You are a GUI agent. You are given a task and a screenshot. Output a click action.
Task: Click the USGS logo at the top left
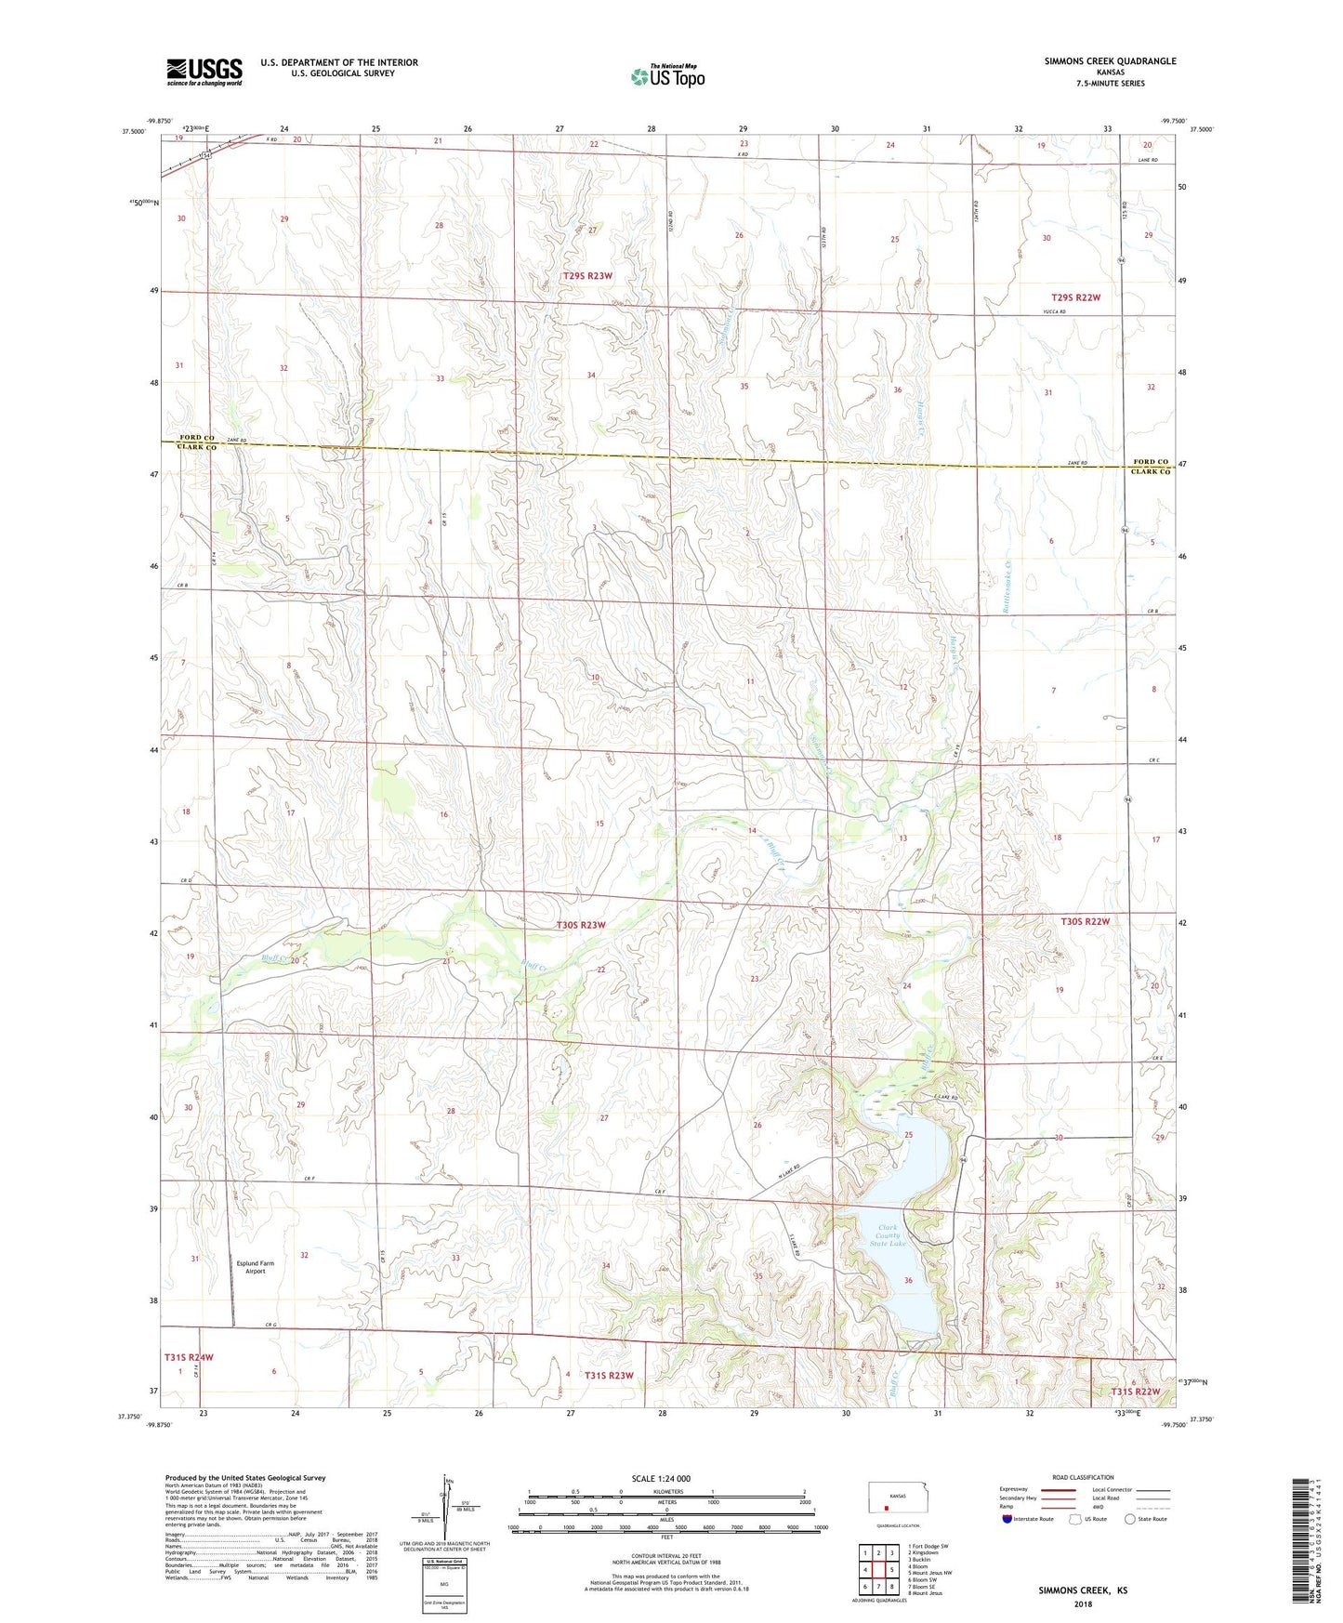pyautogui.click(x=204, y=72)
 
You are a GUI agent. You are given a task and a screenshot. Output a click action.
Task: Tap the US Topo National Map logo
pyautogui.click(x=667, y=76)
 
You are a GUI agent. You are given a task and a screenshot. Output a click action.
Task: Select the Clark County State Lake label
pyautogui.click(x=887, y=1235)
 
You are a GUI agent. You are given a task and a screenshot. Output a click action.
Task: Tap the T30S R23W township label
pyautogui.click(x=581, y=925)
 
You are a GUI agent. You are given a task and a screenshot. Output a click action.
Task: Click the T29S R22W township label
pyautogui.click(x=1075, y=297)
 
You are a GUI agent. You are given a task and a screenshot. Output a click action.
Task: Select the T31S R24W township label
pyautogui.click(x=189, y=1357)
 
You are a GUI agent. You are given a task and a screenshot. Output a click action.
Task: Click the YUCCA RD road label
pyautogui.click(x=1054, y=311)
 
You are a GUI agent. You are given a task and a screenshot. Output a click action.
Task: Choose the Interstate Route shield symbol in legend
pyautogui.click(x=1010, y=1519)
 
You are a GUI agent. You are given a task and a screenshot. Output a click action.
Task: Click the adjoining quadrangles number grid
pyautogui.click(x=878, y=1570)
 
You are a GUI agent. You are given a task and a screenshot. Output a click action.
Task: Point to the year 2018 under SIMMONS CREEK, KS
pyautogui.click(x=1083, y=1603)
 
